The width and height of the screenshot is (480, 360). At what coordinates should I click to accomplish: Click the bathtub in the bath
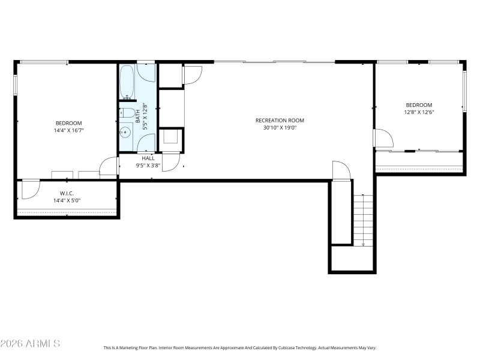[x=127, y=82]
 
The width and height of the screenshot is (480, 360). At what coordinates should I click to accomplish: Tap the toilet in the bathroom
[x=127, y=112]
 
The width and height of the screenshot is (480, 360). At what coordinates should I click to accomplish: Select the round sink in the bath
[x=126, y=133]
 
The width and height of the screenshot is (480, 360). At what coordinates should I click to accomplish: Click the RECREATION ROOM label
[x=280, y=121]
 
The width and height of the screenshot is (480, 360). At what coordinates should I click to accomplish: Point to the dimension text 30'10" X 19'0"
[x=280, y=128]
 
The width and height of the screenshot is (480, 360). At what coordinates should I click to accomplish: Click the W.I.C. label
[x=66, y=193]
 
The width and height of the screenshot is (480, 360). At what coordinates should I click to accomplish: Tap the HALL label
[x=148, y=158]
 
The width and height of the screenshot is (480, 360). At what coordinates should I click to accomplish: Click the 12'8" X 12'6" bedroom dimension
[x=418, y=112]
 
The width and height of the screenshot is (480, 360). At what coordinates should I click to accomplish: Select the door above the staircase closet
[x=340, y=170]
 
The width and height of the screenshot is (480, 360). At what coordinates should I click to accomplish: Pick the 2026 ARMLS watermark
[x=30, y=344]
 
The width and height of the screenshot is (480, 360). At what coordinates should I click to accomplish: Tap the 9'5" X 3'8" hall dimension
[x=148, y=165]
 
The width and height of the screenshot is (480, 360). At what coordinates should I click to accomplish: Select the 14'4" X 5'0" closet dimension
[x=66, y=200]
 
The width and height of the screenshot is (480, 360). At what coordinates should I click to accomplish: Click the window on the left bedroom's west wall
[x=16, y=84]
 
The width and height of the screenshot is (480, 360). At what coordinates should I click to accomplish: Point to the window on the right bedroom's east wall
[x=464, y=91]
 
